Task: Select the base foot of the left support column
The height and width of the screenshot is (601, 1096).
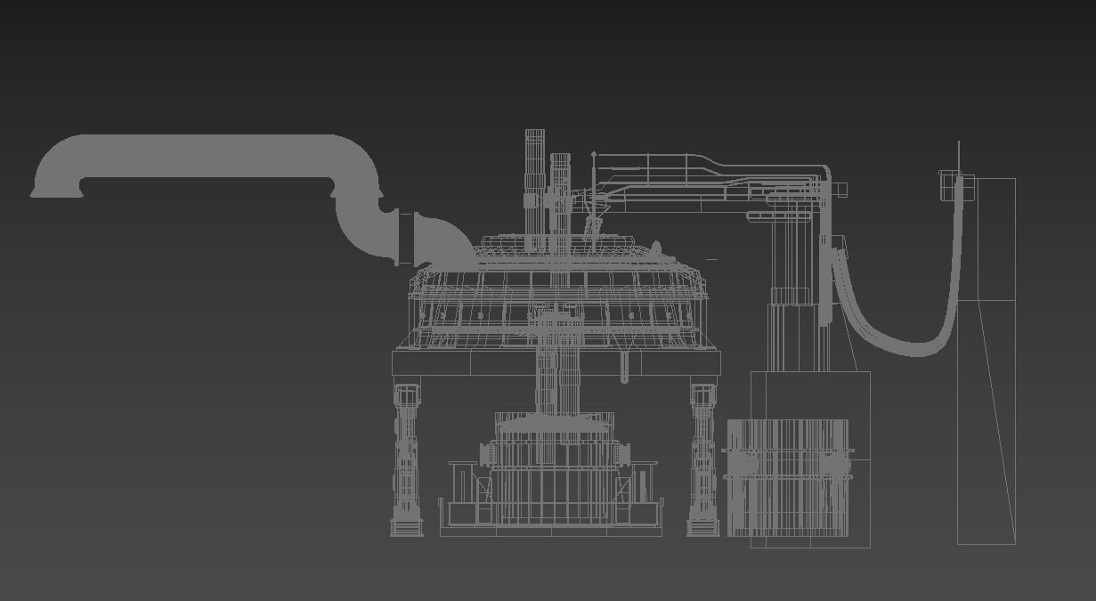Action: pyautogui.click(x=407, y=529)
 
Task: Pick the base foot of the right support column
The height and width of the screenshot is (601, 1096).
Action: pyautogui.click(x=703, y=529)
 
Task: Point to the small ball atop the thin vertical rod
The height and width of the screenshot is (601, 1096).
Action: pyautogui.click(x=594, y=155)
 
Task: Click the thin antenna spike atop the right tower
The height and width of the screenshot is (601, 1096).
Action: pyautogui.click(x=959, y=156)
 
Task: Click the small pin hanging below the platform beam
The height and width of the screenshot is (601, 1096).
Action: pyautogui.click(x=624, y=368)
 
